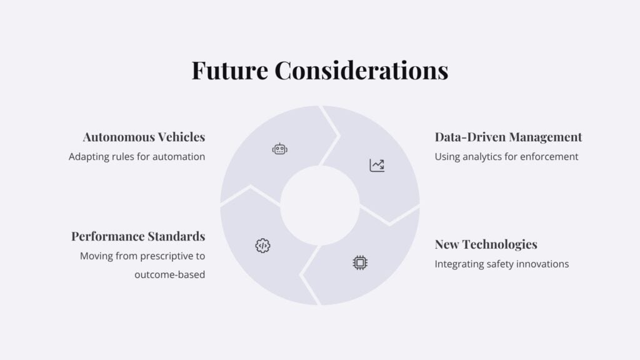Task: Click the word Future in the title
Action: [x=230, y=70]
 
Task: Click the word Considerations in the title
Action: [x=362, y=70]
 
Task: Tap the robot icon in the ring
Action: [x=279, y=149]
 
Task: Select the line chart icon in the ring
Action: [x=377, y=165]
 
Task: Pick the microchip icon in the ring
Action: [x=360, y=263]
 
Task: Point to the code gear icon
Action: [x=262, y=246]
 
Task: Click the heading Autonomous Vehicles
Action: [x=144, y=137]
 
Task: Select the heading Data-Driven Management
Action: [x=508, y=137]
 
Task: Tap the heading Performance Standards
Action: [x=138, y=236]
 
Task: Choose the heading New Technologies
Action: [x=486, y=244]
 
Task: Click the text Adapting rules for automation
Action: [x=137, y=157]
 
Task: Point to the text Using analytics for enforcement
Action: [x=506, y=157]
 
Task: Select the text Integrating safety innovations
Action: [x=502, y=264]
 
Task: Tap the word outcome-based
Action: [x=170, y=275]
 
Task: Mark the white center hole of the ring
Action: [x=320, y=205]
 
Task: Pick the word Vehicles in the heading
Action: [x=181, y=137]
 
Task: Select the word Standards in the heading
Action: [x=176, y=236]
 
